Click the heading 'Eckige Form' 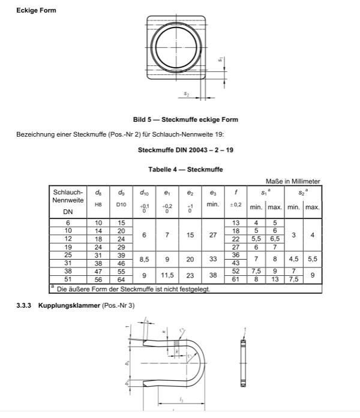coord(36,11)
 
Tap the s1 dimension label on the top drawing coord(220,59)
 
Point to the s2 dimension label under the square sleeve coord(187,94)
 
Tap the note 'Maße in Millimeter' coord(292,181)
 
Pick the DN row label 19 coord(68,246)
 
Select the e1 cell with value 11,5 coord(167,275)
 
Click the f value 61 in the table coord(236,279)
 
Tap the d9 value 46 coord(121,263)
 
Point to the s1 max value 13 coord(275,279)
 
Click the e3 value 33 coord(212,259)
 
